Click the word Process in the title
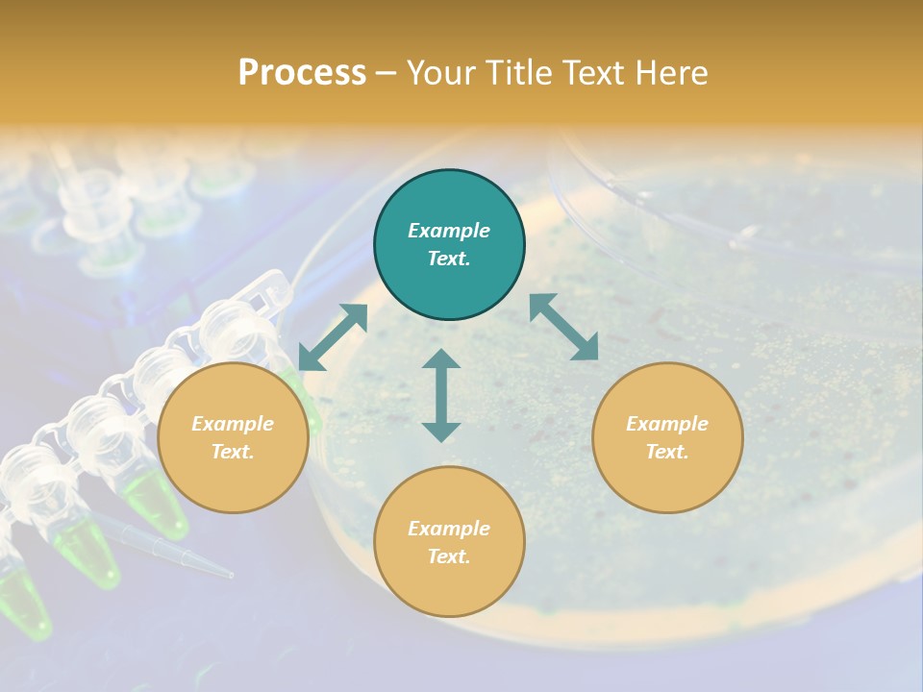(302, 73)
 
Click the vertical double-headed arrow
(441, 395)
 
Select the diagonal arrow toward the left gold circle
(333, 337)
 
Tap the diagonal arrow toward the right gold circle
(563, 327)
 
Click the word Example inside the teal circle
(449, 231)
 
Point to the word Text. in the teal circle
(449, 259)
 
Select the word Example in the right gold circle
(667, 424)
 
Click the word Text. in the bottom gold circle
(449, 556)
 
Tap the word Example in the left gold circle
(233, 424)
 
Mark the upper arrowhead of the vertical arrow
(441, 359)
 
